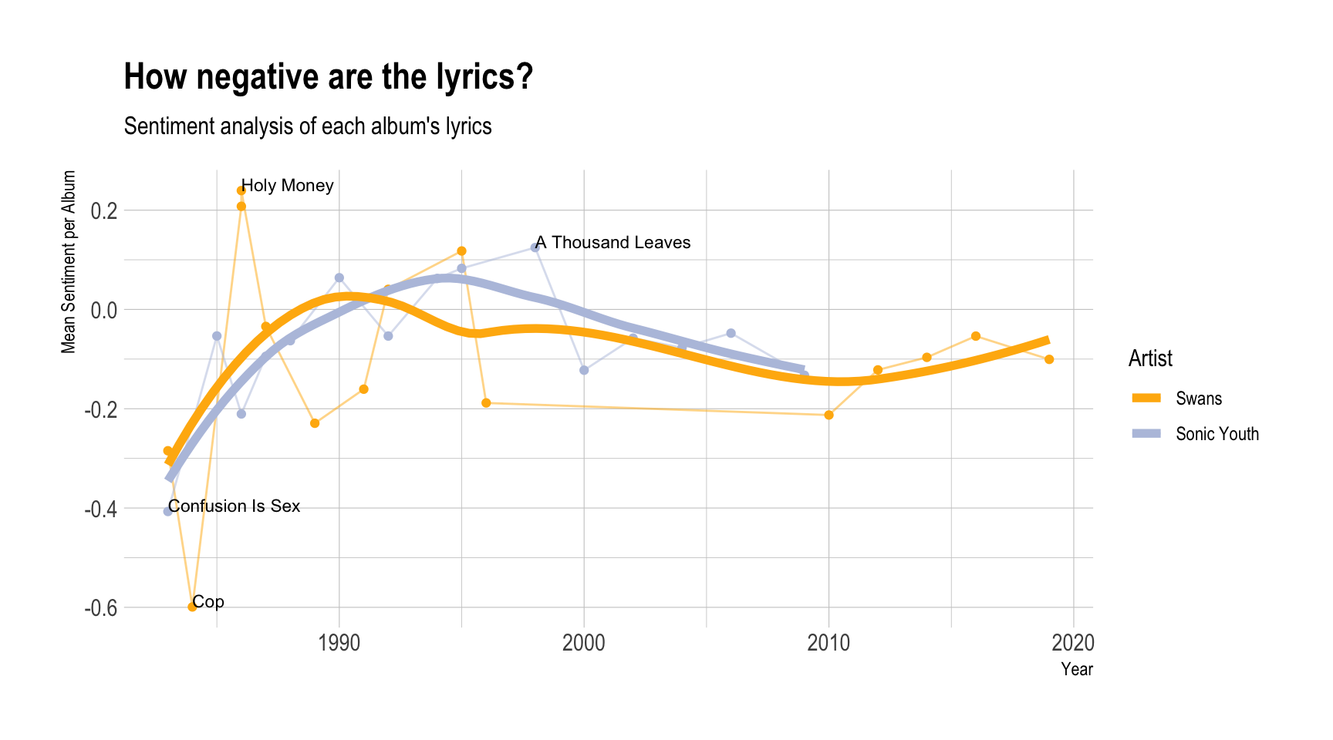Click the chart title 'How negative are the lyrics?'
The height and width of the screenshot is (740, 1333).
coord(328,77)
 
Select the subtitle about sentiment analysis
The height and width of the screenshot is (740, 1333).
coord(307,126)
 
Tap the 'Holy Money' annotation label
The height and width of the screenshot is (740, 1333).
coord(288,186)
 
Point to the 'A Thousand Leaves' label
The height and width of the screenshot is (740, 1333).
coord(613,243)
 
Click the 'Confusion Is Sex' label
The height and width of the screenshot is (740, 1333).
coord(235,506)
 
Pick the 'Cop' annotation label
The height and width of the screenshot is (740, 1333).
coord(208,602)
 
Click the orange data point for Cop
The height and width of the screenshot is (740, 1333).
coord(192,607)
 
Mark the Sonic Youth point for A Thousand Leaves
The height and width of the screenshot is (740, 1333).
coord(535,247)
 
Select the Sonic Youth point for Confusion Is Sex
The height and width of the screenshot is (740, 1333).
coord(167,511)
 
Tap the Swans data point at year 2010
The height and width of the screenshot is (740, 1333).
coord(828,415)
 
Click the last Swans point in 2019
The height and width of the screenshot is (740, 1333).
coord(1049,359)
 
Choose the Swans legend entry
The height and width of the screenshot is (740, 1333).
coord(1198,399)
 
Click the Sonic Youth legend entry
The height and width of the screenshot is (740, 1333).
coord(1217,434)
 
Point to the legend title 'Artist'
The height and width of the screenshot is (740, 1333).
coord(1150,358)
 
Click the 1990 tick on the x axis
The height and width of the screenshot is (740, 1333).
coord(339,643)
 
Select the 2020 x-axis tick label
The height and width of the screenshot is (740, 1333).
coord(1073,643)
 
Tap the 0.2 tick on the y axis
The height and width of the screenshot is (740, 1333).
coord(103,210)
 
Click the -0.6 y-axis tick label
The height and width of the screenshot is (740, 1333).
coord(101,607)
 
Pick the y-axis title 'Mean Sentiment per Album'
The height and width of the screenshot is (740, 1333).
coord(69,262)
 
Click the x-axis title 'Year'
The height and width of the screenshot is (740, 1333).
coord(1076,669)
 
